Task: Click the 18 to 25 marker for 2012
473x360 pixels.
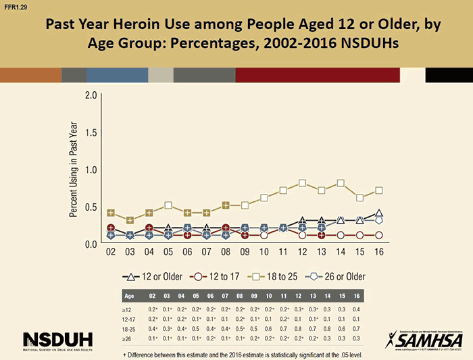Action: tap(303, 183)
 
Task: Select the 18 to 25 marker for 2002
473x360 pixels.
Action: tap(111, 213)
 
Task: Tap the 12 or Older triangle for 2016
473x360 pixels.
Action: tap(379, 213)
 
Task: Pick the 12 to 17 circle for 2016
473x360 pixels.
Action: tap(379, 235)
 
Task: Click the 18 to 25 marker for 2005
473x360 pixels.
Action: tap(168, 205)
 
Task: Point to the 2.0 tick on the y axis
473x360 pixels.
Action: tap(90, 95)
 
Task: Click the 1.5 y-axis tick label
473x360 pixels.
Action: tap(90, 132)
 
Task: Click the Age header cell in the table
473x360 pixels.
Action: tap(129, 296)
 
